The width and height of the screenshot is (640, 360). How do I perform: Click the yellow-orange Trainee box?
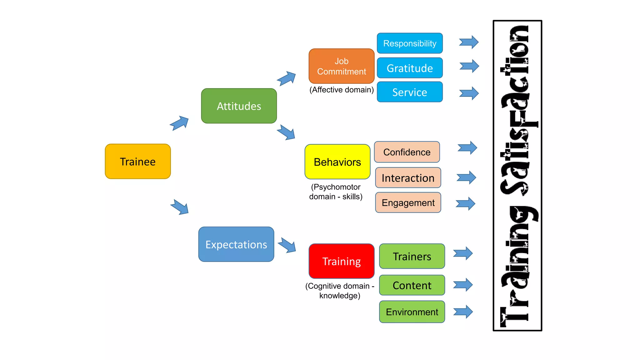pos(138,162)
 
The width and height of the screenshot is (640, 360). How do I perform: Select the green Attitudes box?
pos(239,106)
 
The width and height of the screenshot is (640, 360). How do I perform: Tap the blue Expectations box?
pos(236,244)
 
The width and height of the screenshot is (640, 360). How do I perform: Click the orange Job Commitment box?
pos(341,66)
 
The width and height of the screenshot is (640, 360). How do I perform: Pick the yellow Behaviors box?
pos(337,162)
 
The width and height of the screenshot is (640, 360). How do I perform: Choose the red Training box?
pos(341,261)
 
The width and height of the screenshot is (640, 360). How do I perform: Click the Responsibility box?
pos(410,43)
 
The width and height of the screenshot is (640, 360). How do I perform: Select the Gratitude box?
pos(410,68)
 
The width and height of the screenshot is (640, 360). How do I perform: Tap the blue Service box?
pos(410,92)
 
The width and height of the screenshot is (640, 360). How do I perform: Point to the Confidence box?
pos(407,152)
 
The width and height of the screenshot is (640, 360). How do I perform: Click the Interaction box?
pos(408,178)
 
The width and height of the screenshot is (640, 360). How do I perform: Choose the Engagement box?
pos(408,203)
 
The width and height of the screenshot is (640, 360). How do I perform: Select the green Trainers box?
pos(412,256)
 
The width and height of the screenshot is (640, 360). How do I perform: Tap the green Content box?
pos(412,285)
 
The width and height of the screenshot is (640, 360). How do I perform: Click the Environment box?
pos(412,312)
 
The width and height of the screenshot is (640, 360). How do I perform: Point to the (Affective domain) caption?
pos(341,90)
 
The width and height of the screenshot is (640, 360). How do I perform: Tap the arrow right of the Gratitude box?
pos(469,66)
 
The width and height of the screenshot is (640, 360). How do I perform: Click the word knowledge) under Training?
pos(340,296)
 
